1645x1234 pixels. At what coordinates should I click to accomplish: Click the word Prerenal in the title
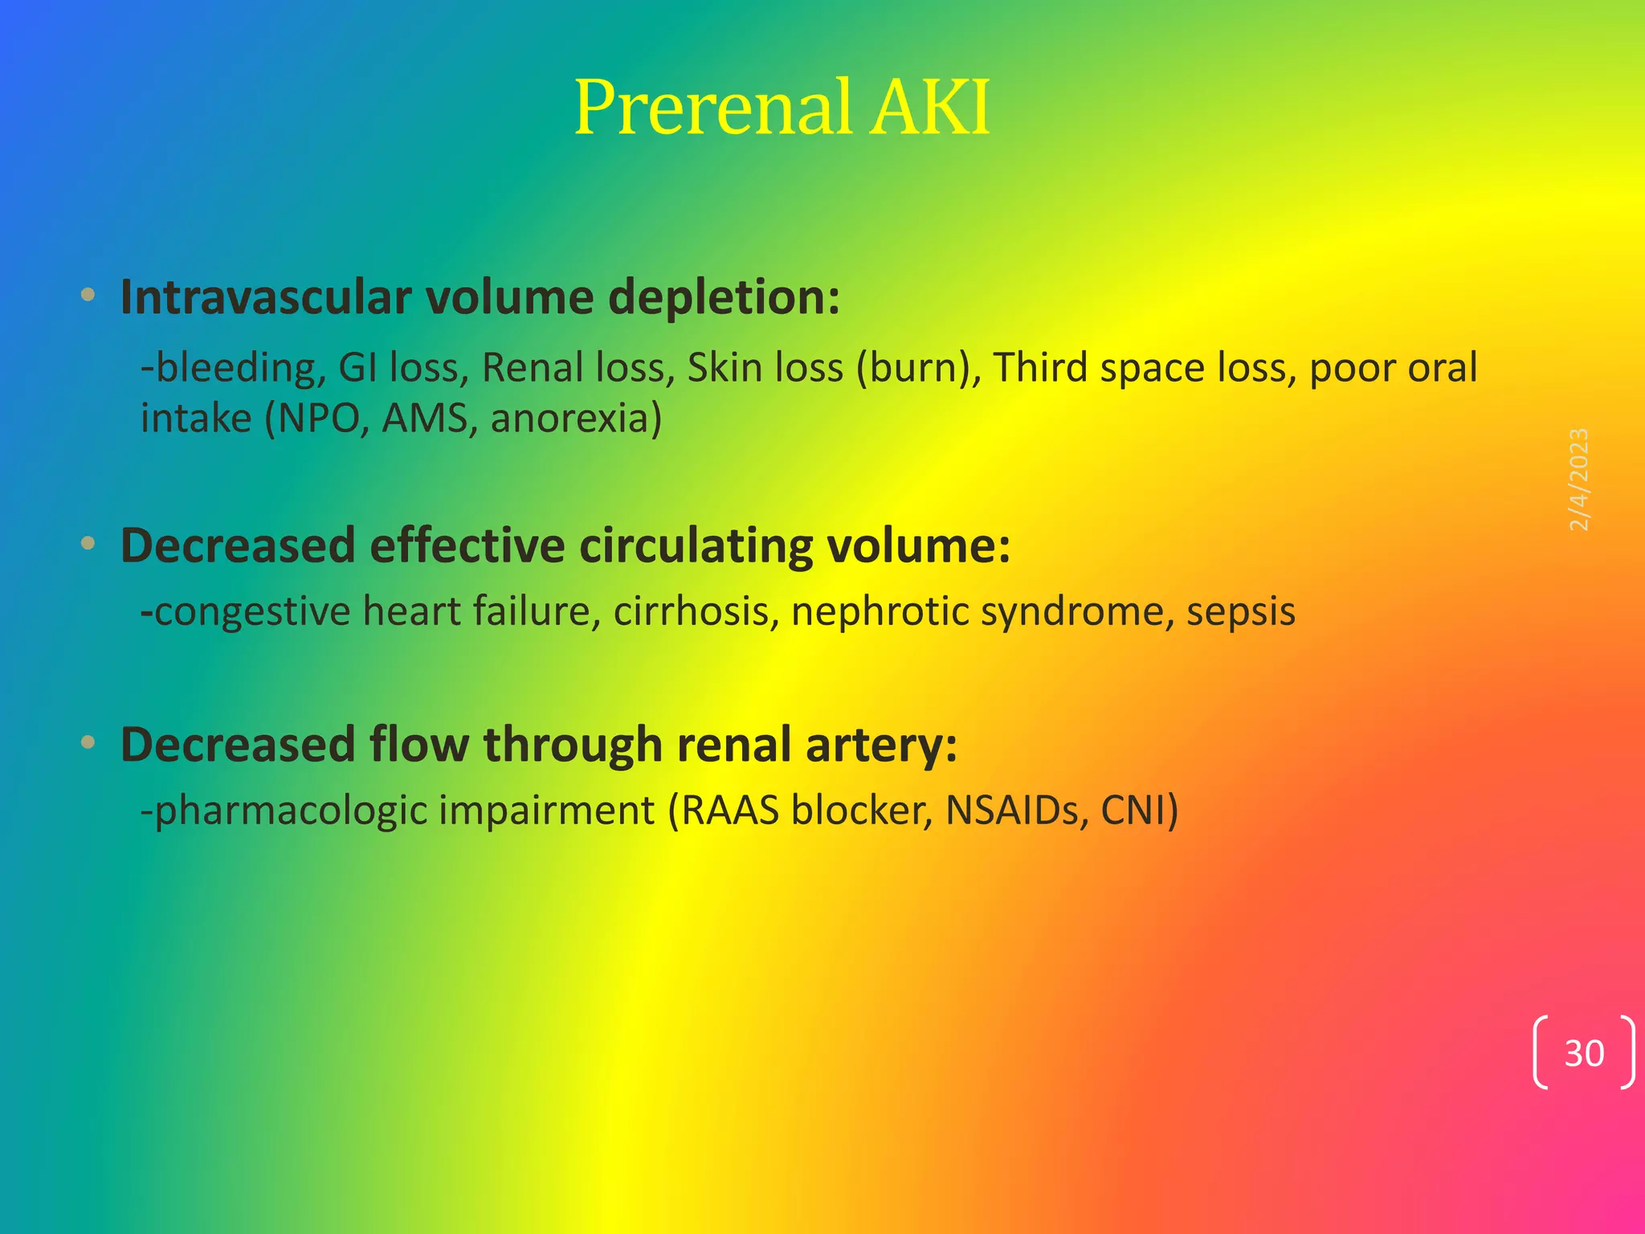[x=712, y=108]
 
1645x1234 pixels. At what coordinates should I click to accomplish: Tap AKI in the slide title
[x=931, y=108]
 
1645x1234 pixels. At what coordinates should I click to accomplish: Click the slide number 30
[x=1583, y=1053]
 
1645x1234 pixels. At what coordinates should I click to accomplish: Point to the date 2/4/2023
[x=1578, y=480]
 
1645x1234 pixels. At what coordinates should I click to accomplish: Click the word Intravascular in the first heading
[x=266, y=297]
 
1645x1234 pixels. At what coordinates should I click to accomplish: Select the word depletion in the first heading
[x=724, y=299]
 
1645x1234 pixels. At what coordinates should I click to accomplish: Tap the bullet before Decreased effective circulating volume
[x=88, y=544]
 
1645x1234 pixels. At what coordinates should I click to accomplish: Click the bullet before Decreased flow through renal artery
[x=88, y=742]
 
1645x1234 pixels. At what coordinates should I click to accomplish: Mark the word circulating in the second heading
[x=696, y=546]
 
